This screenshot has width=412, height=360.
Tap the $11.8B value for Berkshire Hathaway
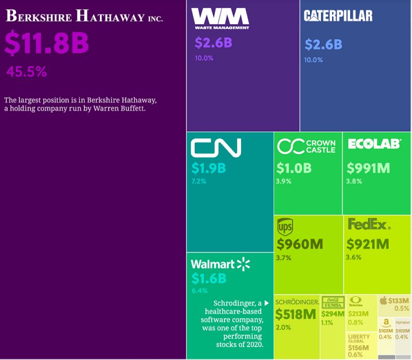click(x=47, y=44)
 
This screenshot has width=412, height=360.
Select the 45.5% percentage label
click(x=26, y=72)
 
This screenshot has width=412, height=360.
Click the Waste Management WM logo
click(x=220, y=19)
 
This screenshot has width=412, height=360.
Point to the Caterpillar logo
click(x=338, y=16)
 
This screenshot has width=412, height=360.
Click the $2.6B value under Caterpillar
click(x=323, y=45)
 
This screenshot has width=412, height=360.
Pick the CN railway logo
click(x=216, y=147)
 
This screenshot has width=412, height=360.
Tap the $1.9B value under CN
click(x=209, y=168)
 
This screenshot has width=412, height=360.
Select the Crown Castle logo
click(x=306, y=146)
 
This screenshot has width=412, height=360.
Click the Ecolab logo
click(x=374, y=144)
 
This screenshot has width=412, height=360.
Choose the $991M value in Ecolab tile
click(x=368, y=168)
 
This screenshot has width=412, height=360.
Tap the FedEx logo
click(x=369, y=225)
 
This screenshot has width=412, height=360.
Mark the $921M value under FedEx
click(x=368, y=244)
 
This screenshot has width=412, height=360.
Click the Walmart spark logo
click(x=243, y=264)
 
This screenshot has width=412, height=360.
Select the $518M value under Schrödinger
click(x=296, y=314)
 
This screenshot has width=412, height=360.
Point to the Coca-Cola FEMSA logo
click(x=332, y=302)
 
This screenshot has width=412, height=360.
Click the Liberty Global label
click(x=359, y=339)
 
